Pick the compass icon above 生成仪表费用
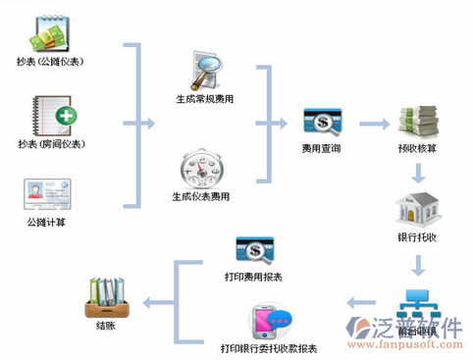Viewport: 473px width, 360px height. [x=202, y=168]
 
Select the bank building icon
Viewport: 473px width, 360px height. [x=417, y=208]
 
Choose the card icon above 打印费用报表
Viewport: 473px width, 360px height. [x=255, y=251]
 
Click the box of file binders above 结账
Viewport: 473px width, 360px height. [x=105, y=292]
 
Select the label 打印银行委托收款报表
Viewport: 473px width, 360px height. [x=268, y=348]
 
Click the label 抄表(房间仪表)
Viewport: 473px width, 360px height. [x=50, y=145]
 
